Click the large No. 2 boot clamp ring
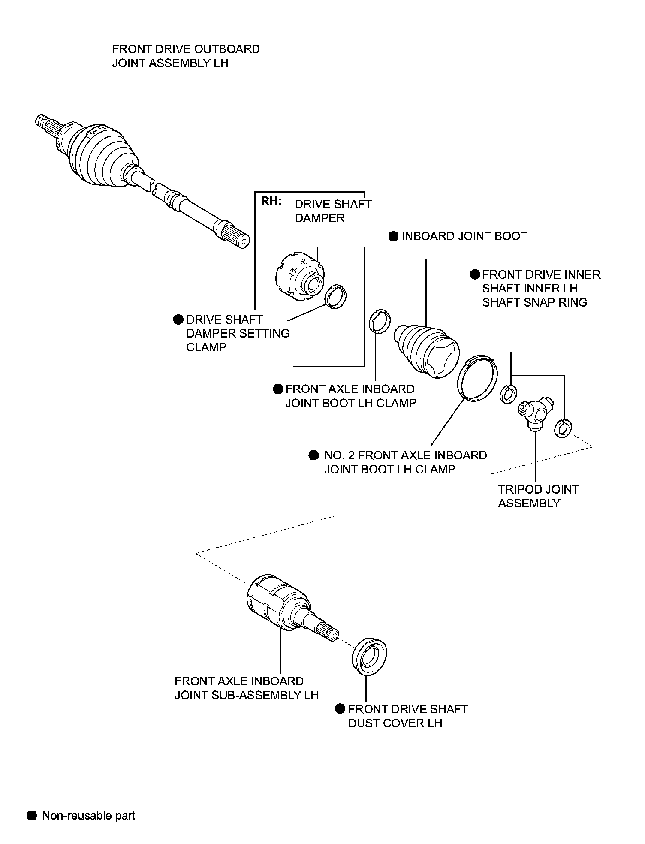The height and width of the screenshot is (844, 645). tap(478, 378)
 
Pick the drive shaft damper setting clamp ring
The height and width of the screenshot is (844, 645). tap(336, 296)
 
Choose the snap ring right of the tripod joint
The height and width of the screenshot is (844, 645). tap(563, 428)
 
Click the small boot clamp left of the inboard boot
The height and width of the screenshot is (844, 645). tap(380, 321)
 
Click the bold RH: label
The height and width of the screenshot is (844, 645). tap(271, 202)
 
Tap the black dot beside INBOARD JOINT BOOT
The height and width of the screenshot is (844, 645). tap(394, 236)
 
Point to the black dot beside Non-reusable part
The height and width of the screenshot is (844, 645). tap(32, 815)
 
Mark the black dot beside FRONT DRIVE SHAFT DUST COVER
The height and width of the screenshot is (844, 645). tap(340, 709)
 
